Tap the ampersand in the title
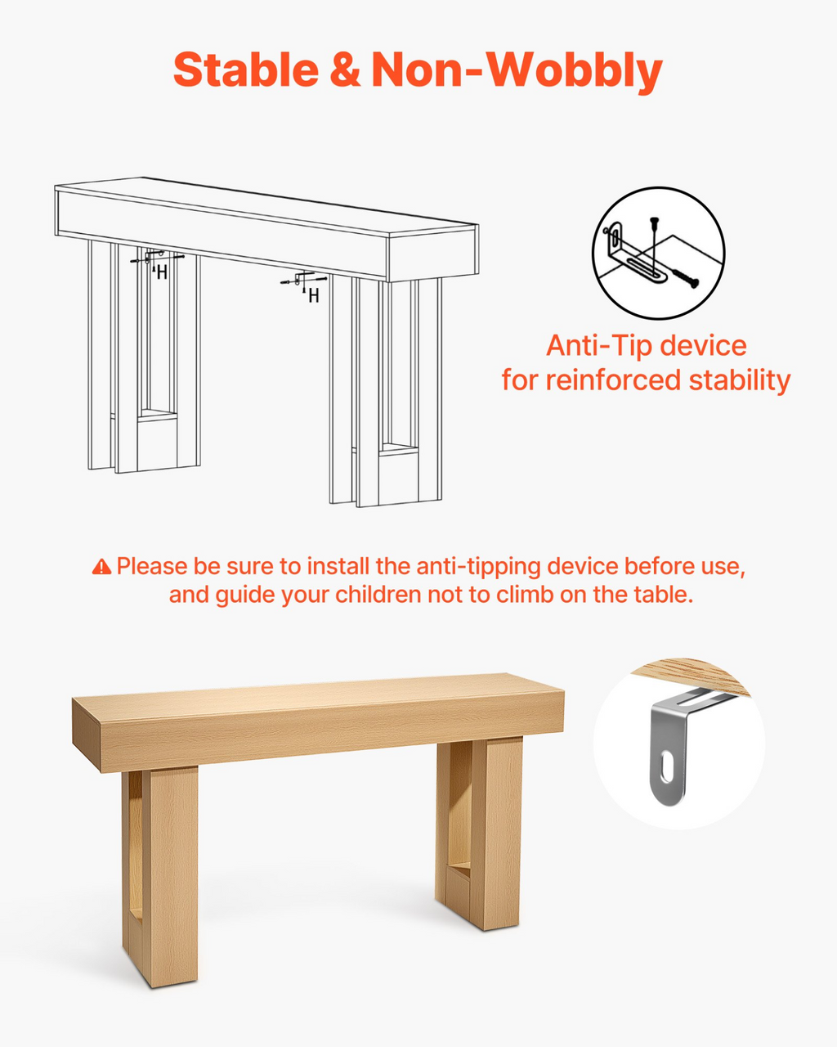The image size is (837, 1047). click(345, 70)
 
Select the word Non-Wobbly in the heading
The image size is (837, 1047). click(517, 71)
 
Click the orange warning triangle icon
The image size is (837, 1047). click(101, 566)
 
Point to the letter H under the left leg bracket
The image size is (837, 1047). click(162, 273)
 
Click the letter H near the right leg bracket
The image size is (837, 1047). click(314, 295)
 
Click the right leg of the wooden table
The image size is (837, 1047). click(478, 833)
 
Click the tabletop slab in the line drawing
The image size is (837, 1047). click(266, 229)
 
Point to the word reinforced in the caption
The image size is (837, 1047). click(613, 380)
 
